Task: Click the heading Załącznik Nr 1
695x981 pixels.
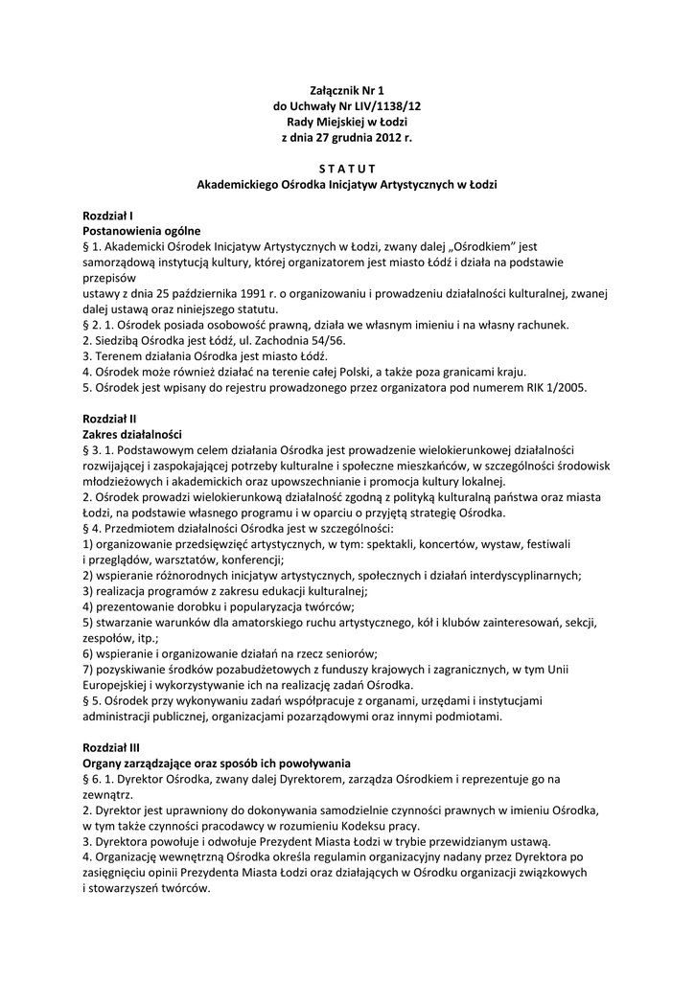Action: (x=347, y=89)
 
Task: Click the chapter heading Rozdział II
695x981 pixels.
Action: (x=109, y=419)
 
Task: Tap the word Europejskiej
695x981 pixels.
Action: (x=122, y=685)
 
